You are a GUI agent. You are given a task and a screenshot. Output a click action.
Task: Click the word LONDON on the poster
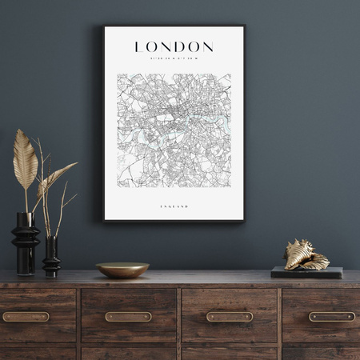(x=174, y=47)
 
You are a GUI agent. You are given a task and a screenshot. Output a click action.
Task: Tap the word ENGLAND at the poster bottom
(x=174, y=206)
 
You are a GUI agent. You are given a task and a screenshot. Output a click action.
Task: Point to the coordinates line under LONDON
(x=174, y=58)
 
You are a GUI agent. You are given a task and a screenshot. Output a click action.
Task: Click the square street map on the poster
(x=174, y=130)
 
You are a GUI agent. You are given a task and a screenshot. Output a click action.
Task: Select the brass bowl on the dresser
(x=122, y=270)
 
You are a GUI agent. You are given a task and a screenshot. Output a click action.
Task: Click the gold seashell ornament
(x=306, y=255)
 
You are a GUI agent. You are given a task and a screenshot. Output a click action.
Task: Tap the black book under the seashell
(x=306, y=273)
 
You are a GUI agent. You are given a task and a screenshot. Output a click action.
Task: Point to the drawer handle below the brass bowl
(x=128, y=316)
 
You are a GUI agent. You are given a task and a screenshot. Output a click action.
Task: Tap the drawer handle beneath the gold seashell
(x=332, y=316)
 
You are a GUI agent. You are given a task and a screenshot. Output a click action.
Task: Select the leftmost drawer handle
(x=26, y=316)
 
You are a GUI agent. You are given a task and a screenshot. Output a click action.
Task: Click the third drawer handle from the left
(x=230, y=316)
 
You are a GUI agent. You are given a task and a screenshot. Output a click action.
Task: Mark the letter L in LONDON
(x=139, y=47)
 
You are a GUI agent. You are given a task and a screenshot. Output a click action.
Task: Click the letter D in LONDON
(x=178, y=47)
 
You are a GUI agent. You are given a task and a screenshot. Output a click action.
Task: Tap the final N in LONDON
(x=207, y=47)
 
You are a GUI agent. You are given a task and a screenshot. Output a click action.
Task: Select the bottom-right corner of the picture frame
(x=243, y=220)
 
